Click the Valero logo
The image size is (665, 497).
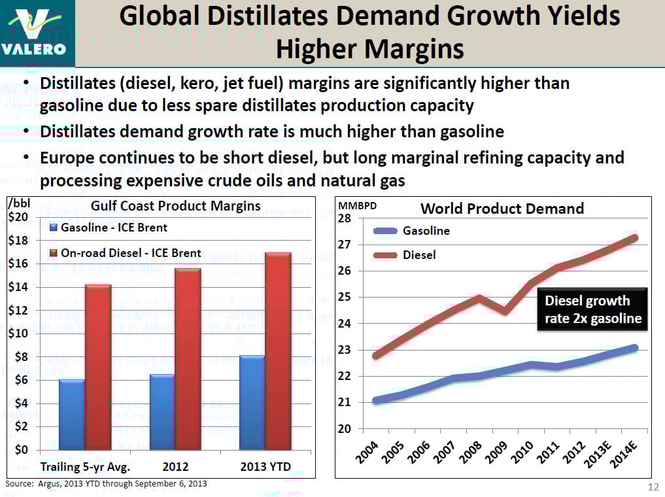tap(37, 33)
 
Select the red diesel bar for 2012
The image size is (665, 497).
tap(188, 359)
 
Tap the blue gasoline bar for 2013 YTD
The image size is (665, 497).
tap(252, 402)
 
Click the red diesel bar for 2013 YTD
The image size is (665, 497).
tap(278, 351)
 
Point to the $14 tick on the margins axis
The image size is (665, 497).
tap(22, 287)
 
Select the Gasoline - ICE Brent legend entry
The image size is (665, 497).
tap(109, 228)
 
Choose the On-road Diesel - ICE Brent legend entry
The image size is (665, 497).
tap(126, 253)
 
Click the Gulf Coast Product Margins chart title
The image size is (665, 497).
tap(175, 206)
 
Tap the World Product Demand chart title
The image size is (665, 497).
tap(502, 209)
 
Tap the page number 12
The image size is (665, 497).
tap(653, 487)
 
